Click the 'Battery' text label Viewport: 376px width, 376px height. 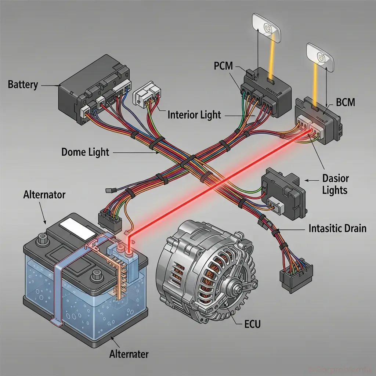tap(23, 85)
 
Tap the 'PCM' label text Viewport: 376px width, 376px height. tap(223, 66)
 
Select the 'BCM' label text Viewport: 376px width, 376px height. tap(346, 102)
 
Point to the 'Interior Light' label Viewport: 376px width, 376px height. tap(194, 115)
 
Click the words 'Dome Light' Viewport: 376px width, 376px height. tap(86, 152)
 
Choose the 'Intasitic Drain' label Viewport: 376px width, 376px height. tap(337, 228)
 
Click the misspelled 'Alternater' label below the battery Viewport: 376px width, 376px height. tap(129, 354)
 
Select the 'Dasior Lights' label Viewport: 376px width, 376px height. tap(335, 184)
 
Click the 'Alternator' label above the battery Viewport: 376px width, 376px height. tap(44, 194)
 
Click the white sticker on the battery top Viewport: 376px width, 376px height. tap(77, 227)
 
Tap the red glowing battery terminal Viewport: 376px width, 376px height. tap(129, 253)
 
